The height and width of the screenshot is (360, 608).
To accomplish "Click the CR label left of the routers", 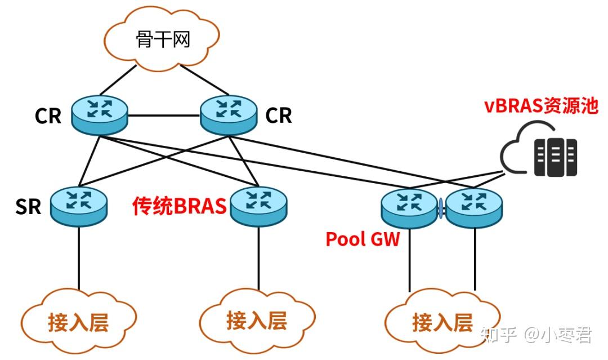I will coord(48,116).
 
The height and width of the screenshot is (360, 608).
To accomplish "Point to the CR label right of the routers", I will coord(279,115).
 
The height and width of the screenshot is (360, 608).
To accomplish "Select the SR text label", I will coord(29,207).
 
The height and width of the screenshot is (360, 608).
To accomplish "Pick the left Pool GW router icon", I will coord(409,207).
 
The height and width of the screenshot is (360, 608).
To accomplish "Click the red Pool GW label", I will coord(363,239).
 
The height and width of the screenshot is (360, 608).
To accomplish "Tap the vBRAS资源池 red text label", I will coord(541,106).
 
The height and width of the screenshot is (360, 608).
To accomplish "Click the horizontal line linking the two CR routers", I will coord(164,117).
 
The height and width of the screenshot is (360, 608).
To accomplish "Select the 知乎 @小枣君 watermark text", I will coord(536,335).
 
